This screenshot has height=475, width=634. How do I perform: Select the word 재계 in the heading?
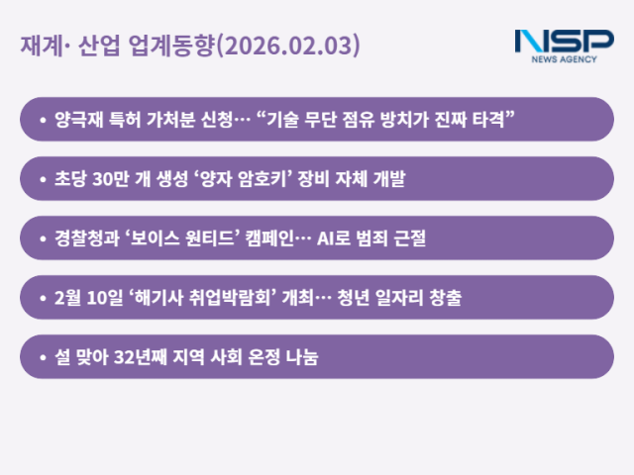[x=38, y=46]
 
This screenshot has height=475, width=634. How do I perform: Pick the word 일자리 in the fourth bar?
[x=403, y=298]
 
